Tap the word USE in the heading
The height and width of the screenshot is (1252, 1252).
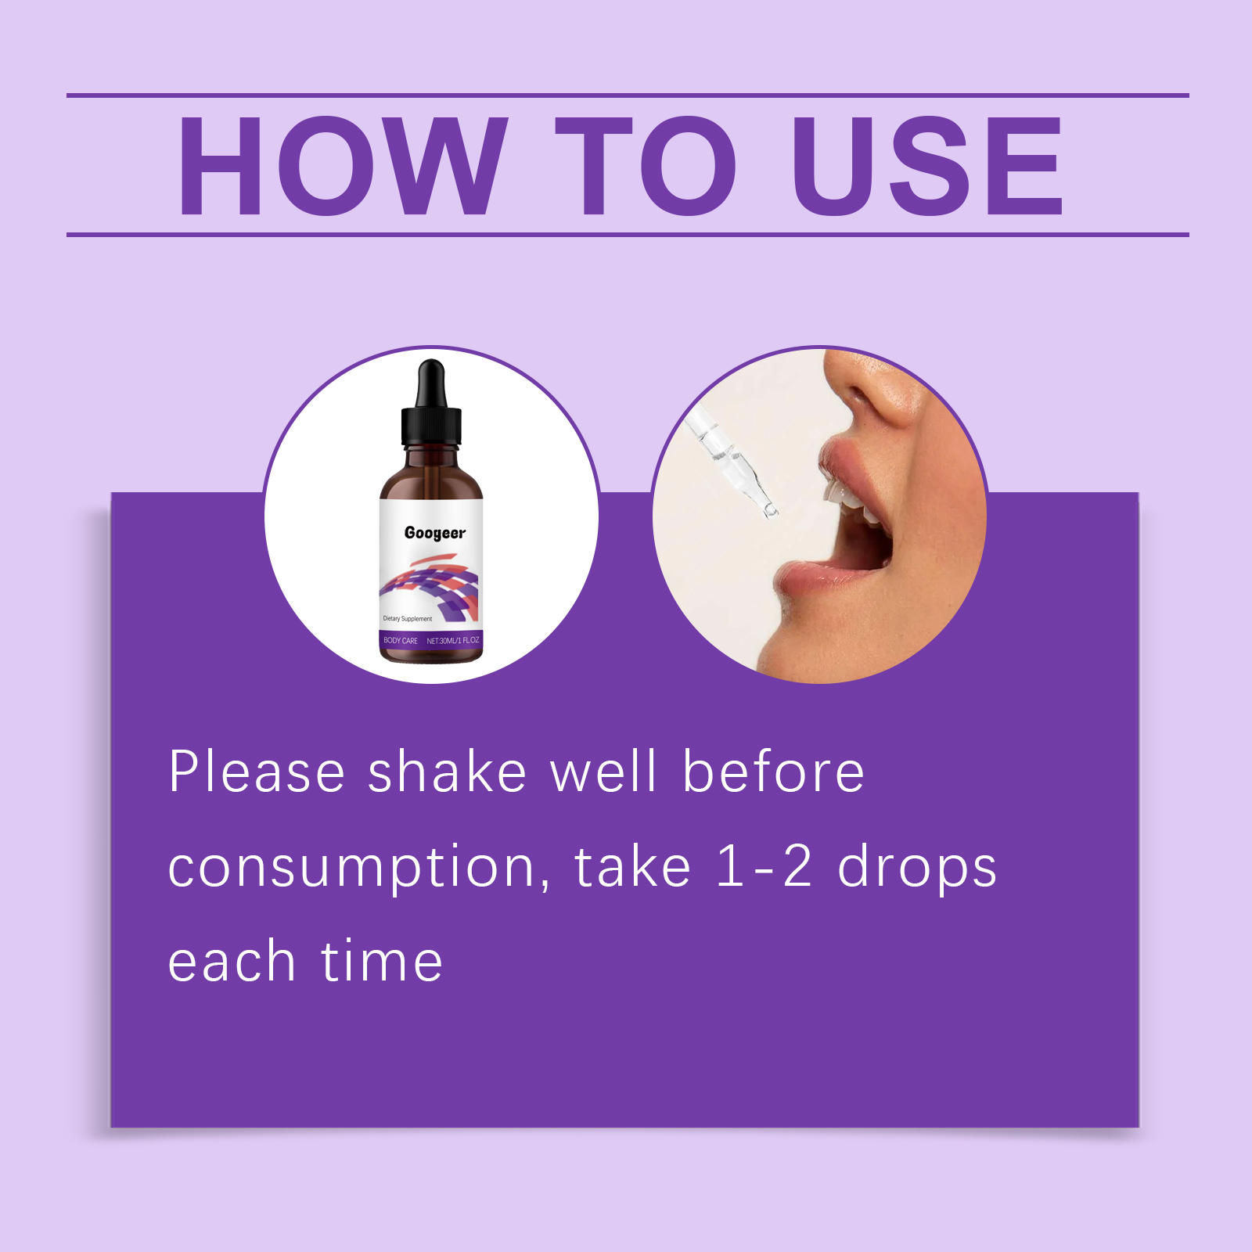click(927, 166)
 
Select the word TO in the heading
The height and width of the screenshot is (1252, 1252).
click(646, 166)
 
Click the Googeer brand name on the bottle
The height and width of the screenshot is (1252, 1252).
click(435, 533)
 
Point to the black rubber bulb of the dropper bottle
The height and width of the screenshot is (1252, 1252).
click(431, 383)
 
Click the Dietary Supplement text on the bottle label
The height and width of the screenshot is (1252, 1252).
click(408, 619)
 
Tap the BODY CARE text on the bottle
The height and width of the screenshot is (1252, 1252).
click(401, 641)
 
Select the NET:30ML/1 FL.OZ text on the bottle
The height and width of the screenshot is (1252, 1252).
click(453, 641)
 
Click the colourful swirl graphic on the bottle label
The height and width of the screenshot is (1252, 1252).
click(430, 586)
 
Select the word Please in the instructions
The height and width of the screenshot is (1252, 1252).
click(257, 772)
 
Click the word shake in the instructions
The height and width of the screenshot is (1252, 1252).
click(447, 772)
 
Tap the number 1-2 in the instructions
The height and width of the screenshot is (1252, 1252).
click(765, 866)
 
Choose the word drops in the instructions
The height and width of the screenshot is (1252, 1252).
click(917, 869)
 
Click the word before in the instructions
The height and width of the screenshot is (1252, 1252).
click(773, 772)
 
